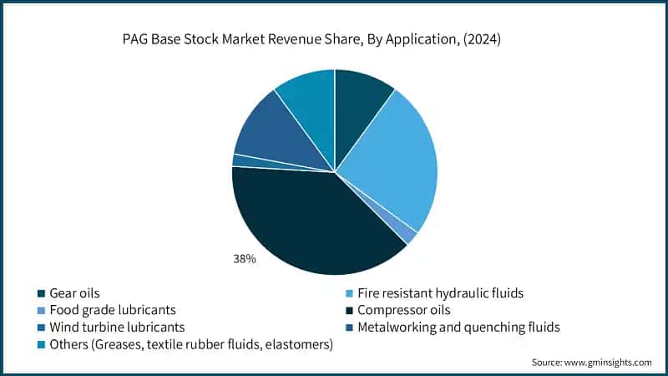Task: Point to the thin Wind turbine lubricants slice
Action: point(240,160)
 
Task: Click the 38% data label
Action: point(245,260)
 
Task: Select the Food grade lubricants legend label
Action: point(114,310)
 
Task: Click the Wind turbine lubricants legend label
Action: point(117,327)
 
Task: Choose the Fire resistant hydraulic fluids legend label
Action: point(440,293)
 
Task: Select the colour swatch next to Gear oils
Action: point(40,293)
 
